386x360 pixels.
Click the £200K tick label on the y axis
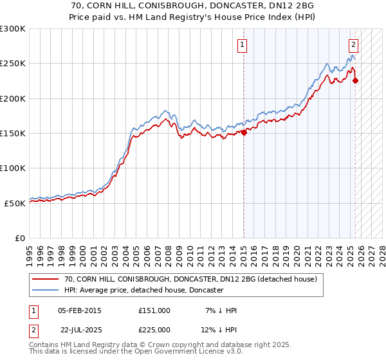[x=13, y=98]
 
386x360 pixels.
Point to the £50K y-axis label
[x=15, y=203]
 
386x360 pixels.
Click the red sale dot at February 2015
[x=244, y=132]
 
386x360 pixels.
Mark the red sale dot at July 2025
[x=356, y=80]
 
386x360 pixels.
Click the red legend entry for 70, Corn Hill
[x=190, y=280]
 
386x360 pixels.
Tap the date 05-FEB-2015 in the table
[x=80, y=310]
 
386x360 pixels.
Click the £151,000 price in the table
[x=154, y=310]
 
